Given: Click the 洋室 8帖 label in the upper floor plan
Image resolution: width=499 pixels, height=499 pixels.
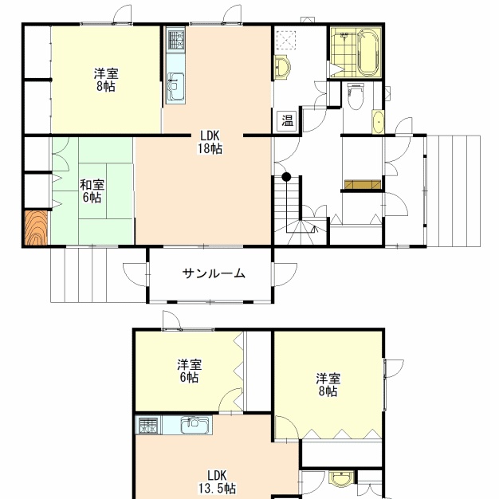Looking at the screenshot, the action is coord(106,80).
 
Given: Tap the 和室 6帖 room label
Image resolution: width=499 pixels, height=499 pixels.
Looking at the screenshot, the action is coord(92,191).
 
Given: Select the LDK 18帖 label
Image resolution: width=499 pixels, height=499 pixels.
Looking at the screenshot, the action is coord(210,142).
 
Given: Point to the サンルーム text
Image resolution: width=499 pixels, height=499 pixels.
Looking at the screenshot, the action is coord(214,273).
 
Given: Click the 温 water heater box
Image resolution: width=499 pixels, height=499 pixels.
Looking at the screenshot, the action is coord(288,120).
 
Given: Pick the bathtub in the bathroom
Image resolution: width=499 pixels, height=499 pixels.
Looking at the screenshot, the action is coord(368,52).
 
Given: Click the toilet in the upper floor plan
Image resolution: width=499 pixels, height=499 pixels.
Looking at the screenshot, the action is coord(355,96).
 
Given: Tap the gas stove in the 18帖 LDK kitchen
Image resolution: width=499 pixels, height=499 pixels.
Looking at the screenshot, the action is coord(175,40).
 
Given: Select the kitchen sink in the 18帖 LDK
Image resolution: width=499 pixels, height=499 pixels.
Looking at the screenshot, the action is coord(175,87).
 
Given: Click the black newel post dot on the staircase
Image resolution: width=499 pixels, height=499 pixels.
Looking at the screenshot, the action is coord(286,177).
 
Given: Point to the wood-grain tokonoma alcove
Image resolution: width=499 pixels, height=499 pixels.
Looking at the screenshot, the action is coord(37,228).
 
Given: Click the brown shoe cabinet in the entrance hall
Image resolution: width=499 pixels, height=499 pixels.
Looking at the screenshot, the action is coord(363,184).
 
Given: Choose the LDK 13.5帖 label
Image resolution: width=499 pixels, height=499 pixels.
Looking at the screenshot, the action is coord(218,481).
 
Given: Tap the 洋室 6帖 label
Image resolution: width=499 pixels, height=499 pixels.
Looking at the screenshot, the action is coord(190,371).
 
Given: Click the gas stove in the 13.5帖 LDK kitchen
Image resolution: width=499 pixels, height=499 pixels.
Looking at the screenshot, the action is coord(148,425).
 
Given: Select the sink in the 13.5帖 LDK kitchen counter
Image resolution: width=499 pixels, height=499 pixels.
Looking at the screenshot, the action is coord(195,425).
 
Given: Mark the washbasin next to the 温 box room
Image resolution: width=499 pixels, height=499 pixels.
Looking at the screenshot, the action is coord(282,67).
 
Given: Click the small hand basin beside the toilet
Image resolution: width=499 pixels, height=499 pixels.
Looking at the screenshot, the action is coord(378,122).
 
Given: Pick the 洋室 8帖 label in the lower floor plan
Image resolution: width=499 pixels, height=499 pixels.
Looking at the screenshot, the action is coord(328,385).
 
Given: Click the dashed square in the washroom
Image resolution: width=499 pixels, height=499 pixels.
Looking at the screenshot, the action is coord(286,40).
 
